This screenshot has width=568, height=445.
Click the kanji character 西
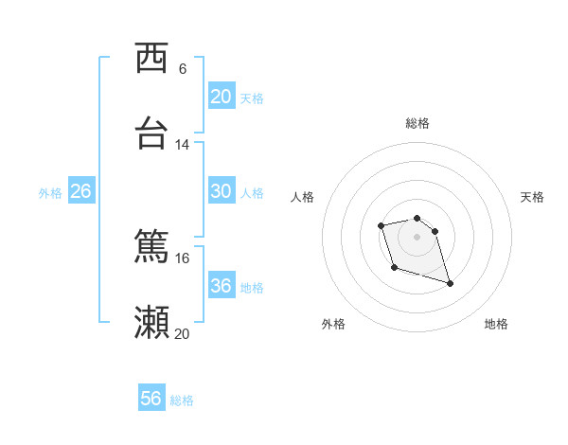point(152,59)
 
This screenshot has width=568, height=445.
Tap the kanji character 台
point(152,133)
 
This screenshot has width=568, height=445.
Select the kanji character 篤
point(152,247)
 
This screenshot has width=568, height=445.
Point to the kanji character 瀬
point(152,322)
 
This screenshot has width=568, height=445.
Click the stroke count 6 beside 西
point(183,69)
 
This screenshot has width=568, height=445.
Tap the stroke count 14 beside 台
point(183,145)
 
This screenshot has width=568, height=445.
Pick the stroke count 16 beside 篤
point(183,258)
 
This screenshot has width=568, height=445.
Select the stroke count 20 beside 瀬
point(183,333)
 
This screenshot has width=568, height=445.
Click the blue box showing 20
point(221,96)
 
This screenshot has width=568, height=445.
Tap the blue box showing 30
point(221,190)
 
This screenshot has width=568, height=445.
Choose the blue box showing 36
point(221,285)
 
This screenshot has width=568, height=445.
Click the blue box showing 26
point(80,190)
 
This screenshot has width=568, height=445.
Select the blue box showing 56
point(151,399)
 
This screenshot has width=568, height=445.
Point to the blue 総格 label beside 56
point(182,400)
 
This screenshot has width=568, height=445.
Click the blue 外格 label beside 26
point(50,193)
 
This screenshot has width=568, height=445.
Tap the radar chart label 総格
point(417,123)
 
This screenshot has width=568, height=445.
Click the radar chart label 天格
point(533,197)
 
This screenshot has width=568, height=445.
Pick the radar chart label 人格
point(303,197)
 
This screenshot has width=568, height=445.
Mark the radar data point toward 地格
point(450,283)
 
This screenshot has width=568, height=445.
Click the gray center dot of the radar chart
point(417,236)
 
